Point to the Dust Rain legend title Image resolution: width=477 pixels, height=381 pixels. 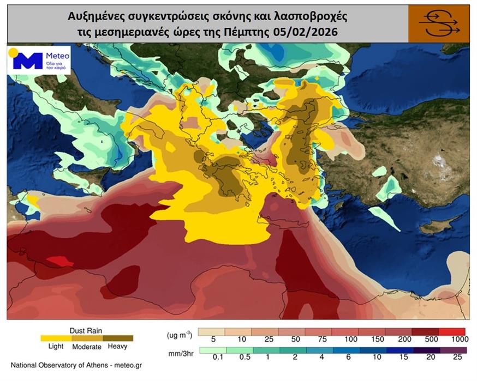(86, 330)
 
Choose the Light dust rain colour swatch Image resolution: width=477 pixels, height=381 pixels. (56, 338)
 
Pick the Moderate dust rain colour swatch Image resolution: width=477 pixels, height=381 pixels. (86, 338)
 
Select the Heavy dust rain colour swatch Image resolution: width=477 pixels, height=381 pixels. (117, 338)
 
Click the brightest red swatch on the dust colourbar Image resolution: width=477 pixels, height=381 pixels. (451, 331)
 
